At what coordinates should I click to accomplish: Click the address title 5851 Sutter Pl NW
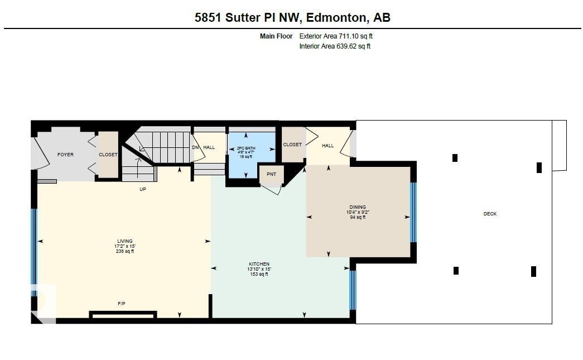pyautogui.click(x=292, y=17)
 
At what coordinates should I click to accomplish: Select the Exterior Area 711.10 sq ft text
pyautogui.click(x=336, y=36)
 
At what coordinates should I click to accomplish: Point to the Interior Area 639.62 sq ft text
pyautogui.click(x=335, y=46)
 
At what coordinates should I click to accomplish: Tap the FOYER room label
pyautogui.click(x=65, y=155)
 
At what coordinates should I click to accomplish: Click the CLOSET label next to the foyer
pyautogui.click(x=108, y=155)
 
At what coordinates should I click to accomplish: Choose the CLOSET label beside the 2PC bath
pyautogui.click(x=292, y=145)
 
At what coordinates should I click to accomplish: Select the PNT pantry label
pyautogui.click(x=271, y=174)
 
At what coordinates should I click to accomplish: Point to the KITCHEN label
pyautogui.click(x=259, y=264)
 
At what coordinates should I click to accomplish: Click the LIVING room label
pyautogui.click(x=125, y=241)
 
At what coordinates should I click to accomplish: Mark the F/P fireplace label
pyautogui.click(x=122, y=304)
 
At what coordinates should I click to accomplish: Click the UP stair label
pyautogui.click(x=143, y=189)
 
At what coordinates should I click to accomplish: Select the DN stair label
pyautogui.click(x=195, y=147)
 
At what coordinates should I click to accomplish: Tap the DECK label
pyautogui.click(x=490, y=214)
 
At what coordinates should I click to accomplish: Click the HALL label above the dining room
pyautogui.click(x=327, y=146)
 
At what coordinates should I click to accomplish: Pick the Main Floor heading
pyautogui.click(x=276, y=36)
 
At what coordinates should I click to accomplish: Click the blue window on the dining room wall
pyautogui.click(x=413, y=212)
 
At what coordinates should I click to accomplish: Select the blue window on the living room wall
pyautogui.click(x=33, y=246)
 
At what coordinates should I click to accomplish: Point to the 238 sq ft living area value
pyautogui.click(x=125, y=252)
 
